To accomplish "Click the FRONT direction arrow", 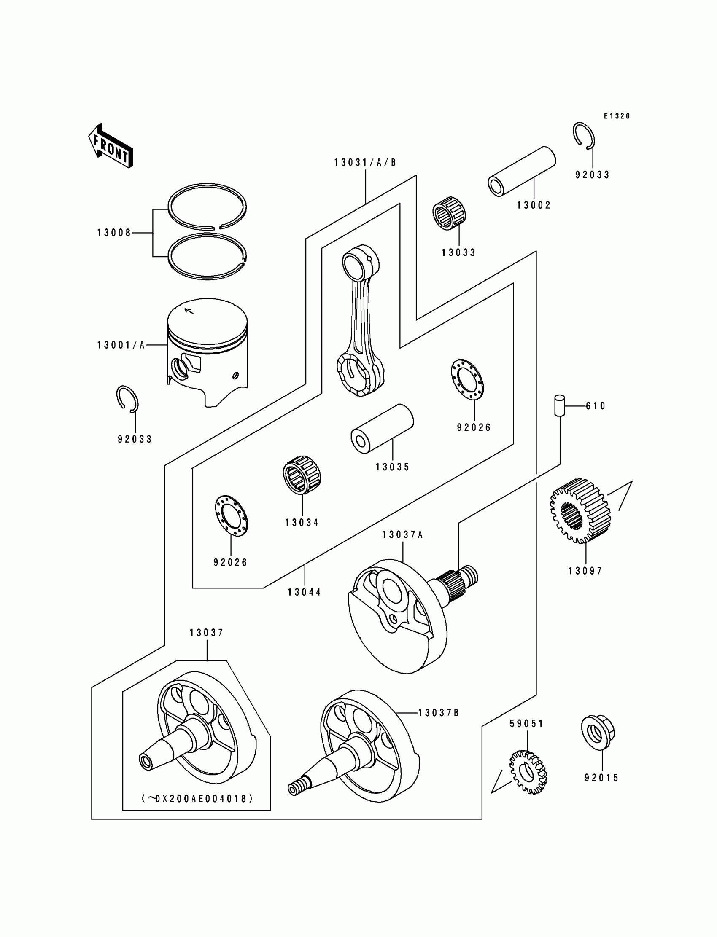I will (111, 146).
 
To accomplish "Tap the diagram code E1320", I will (617, 116).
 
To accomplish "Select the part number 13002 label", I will (534, 205).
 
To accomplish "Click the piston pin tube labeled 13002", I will (522, 172).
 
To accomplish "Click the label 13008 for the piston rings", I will (114, 233).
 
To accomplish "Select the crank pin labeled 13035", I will (382, 429).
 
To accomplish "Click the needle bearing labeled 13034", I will (302, 475).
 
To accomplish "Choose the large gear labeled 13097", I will (580, 510).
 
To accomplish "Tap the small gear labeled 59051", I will (528, 772).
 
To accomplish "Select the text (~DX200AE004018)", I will (197, 798).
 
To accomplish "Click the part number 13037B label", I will (438, 713).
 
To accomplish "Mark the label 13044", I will (304, 592).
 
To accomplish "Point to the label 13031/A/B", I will (365, 163).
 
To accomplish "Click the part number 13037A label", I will (402, 535).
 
